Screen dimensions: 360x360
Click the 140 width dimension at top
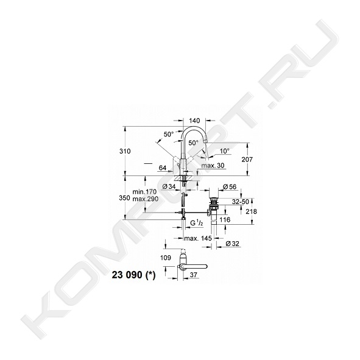click(x=194, y=121)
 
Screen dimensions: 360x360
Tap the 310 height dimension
click(x=125, y=151)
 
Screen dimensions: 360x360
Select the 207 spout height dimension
click(x=247, y=160)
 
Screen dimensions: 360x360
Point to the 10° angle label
click(x=225, y=151)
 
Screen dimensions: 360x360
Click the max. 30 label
click(x=213, y=166)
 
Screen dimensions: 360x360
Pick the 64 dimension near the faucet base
click(x=163, y=168)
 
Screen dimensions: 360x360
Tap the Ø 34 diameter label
click(x=169, y=186)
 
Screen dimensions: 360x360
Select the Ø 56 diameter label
click(x=230, y=187)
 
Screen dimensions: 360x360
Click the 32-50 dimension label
click(x=241, y=202)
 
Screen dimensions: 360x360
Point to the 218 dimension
click(x=251, y=211)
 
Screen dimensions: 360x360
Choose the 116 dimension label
click(x=225, y=220)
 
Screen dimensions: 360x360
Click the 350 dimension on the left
click(x=125, y=198)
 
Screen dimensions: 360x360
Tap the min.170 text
click(x=144, y=192)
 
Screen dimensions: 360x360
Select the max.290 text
click(x=146, y=199)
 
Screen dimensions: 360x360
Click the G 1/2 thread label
click(x=197, y=223)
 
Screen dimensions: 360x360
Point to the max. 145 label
click(x=198, y=238)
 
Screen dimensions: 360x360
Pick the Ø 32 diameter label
click(x=232, y=244)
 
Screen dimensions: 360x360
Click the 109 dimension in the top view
click(x=166, y=258)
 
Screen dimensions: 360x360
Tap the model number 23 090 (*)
click(x=133, y=275)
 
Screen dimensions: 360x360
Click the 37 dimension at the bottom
click(x=194, y=275)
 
